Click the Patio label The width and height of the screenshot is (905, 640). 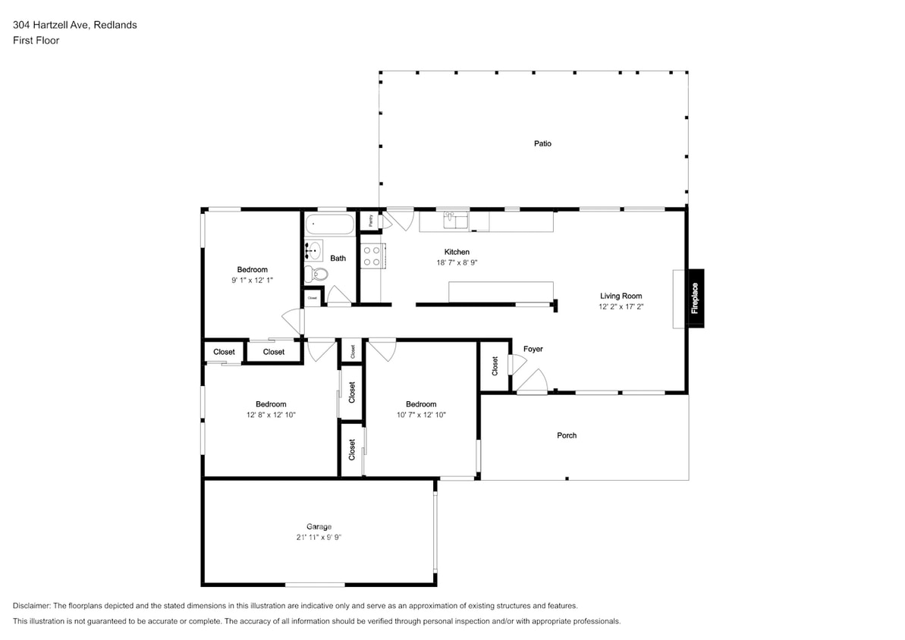pos(542,143)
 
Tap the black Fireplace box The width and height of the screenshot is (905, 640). pos(694,299)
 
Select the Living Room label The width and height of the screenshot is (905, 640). pos(621,296)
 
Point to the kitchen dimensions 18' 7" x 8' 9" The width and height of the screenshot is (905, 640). pos(457,262)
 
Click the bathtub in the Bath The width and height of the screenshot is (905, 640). pos(329,224)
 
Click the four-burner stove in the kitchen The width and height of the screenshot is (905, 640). pos(372,256)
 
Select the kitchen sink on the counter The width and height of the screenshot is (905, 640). pos(457,220)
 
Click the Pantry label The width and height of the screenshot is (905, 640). pos(370,221)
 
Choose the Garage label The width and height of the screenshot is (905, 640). pos(319,526)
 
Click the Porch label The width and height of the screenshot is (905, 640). pos(567,435)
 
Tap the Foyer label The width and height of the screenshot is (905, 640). pos(533,349)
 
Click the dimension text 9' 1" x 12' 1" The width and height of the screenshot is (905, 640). pos(252,280)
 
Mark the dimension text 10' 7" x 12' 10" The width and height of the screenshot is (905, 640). pos(420,415)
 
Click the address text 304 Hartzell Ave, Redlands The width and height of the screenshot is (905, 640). pos(75,25)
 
